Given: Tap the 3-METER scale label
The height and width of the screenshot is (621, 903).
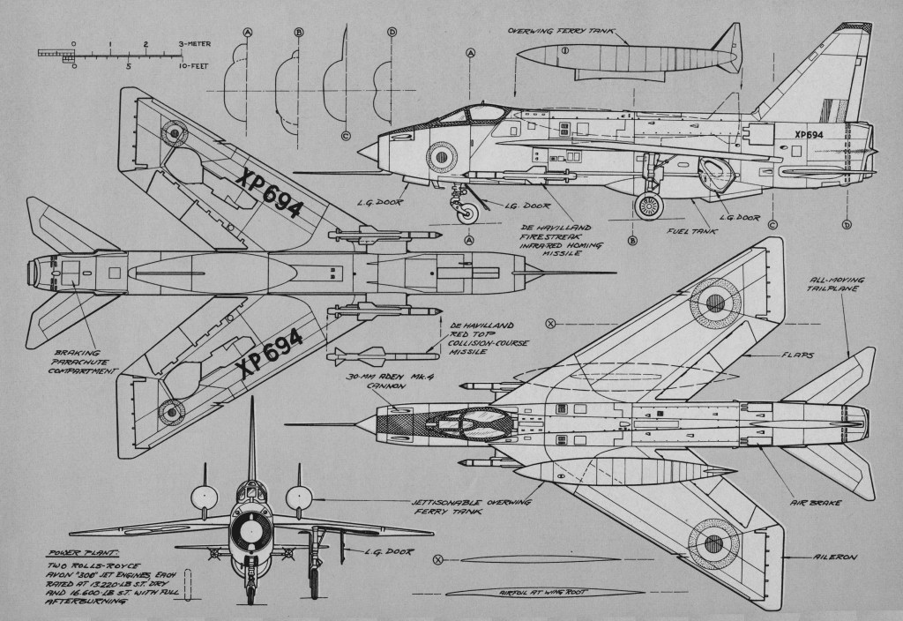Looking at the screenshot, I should pyautogui.click(x=193, y=42).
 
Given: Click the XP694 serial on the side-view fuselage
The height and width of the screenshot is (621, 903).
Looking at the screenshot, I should pyautogui.click(x=808, y=135).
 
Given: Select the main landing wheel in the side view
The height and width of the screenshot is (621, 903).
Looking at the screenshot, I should pyautogui.click(x=650, y=207).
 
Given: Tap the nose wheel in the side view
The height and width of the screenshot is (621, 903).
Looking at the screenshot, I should pyautogui.click(x=468, y=213).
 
